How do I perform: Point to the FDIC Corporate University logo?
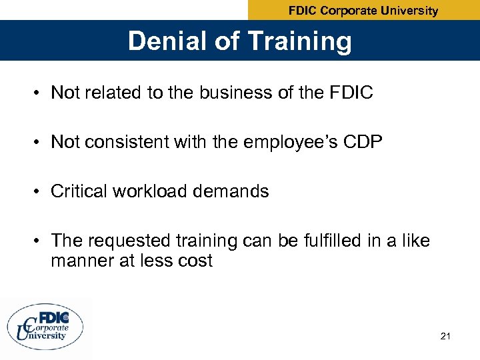46,326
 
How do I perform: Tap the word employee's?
277,142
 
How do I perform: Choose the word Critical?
79,192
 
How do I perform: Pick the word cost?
195,261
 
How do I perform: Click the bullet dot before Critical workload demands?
38,192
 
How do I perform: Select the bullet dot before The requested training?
38,241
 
